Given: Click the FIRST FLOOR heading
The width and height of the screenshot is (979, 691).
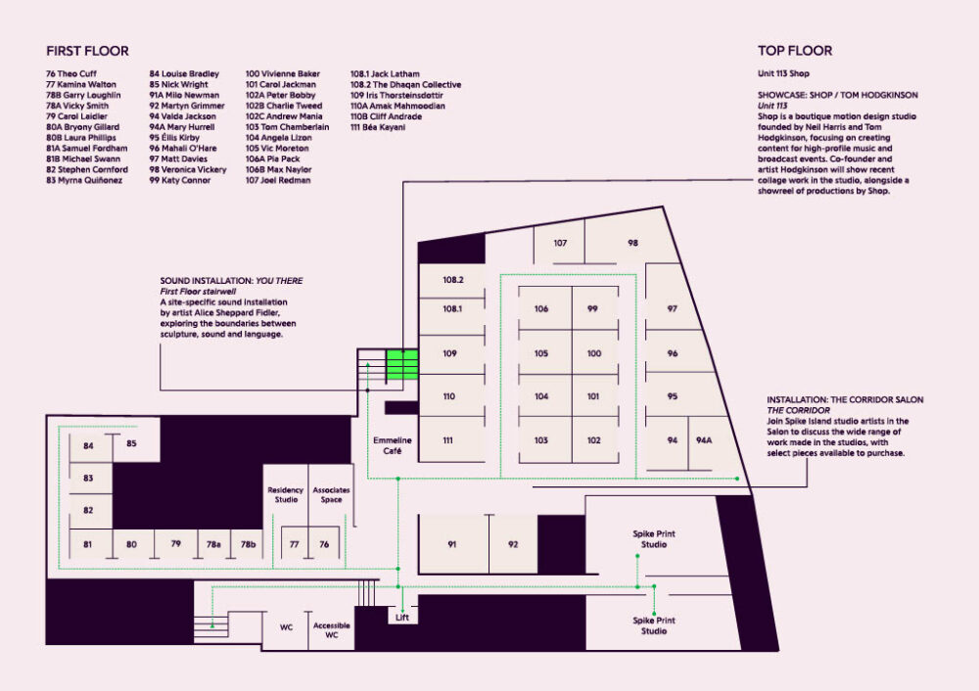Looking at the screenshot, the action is [87, 51].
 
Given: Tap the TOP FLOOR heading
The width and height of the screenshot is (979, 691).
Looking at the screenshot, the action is [795, 51].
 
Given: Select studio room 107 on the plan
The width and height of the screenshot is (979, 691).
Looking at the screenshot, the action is [559, 242].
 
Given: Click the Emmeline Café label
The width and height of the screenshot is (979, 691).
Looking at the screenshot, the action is [393, 445].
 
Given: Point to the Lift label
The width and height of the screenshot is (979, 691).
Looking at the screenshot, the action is [402, 618].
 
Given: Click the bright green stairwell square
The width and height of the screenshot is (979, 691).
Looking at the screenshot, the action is [402, 364].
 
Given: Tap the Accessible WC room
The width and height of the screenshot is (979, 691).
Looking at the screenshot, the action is [332, 629].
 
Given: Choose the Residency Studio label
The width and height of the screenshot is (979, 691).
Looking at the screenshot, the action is [286, 494].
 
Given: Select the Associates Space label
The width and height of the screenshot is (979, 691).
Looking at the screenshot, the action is [331, 494].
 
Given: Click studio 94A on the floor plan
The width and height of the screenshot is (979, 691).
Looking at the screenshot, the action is [704, 440].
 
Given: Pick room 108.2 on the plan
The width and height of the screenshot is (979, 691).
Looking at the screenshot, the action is [452, 280].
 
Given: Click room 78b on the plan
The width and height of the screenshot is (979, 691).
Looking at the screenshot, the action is [248, 543].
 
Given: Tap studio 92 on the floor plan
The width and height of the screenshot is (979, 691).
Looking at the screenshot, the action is [513, 543].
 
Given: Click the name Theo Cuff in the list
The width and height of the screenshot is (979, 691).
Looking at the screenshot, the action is [71, 73].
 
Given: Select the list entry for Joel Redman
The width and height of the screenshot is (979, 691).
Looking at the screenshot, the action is [278, 180].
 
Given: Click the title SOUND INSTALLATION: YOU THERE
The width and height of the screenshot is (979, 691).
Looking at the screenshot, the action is [231, 281].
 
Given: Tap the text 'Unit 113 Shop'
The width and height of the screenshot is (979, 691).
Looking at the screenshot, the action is [783, 73].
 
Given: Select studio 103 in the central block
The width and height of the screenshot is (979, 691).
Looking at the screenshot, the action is [540, 440].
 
